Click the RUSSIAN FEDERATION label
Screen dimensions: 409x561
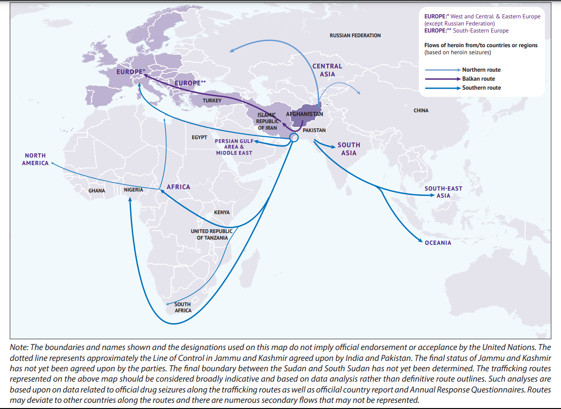pyautogui.click(x=355, y=35)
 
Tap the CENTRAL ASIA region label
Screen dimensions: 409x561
pyautogui.click(x=327, y=70)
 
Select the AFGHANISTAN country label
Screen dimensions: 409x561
pyautogui.click(x=305, y=114)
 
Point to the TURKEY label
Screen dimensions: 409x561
pyautogui.click(x=212, y=101)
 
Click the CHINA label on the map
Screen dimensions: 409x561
pyautogui.click(x=421, y=110)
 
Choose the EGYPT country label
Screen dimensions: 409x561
pyautogui.click(x=199, y=137)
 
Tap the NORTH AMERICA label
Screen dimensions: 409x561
pyautogui.click(x=35, y=159)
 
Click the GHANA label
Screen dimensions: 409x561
pyautogui.click(x=97, y=191)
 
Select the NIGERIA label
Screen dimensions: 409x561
pyautogui.click(x=133, y=190)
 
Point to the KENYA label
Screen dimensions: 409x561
pyautogui.click(x=222, y=212)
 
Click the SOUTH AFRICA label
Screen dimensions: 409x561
pyautogui.click(x=183, y=307)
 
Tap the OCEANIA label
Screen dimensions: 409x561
pyautogui.click(x=438, y=243)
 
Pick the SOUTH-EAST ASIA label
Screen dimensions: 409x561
pyautogui.click(x=443, y=192)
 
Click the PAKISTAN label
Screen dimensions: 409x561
pyautogui.click(x=314, y=130)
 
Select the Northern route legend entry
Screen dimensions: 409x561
pyautogui.click(x=481, y=70)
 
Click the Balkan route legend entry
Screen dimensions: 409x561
pyautogui.click(x=478, y=79)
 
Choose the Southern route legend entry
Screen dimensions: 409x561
pyautogui.click(x=481, y=88)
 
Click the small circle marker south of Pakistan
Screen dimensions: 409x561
pyautogui.click(x=294, y=137)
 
